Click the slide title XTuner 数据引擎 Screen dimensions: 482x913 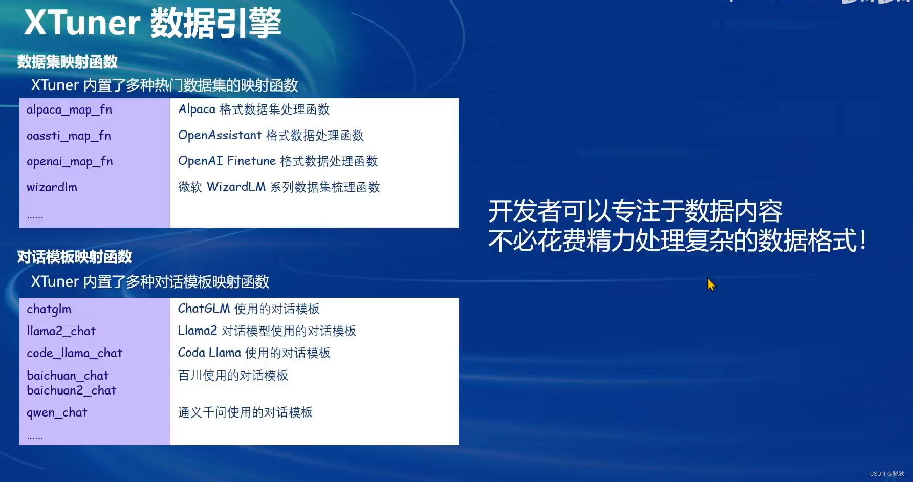point(153,23)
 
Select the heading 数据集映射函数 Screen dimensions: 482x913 point(68,62)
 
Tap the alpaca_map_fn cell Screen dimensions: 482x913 point(69,109)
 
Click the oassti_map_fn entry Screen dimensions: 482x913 point(69,136)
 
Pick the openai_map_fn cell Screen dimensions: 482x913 point(70,161)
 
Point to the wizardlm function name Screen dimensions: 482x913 point(52,187)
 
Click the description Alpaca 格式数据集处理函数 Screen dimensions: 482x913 point(254,109)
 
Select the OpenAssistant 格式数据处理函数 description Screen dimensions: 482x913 point(271,136)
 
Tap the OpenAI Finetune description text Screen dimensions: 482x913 point(278,161)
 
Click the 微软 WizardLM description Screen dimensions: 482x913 point(279,187)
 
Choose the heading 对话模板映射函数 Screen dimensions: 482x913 point(75,257)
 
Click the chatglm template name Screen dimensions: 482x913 point(49,309)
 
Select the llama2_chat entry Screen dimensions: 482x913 point(61,331)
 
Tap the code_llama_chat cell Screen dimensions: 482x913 point(74,353)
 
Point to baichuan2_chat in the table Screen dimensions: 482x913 point(72,390)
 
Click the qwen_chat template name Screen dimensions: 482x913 point(57,412)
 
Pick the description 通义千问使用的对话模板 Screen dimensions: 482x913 point(245,412)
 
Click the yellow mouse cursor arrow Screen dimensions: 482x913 point(711,284)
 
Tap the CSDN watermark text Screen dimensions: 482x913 point(887,474)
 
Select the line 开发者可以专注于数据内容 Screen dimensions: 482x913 point(635,211)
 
